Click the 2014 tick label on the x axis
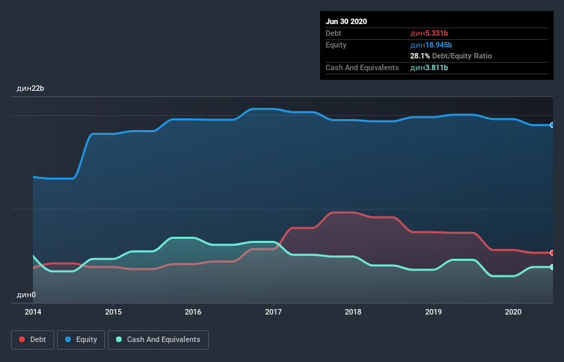click(x=33, y=312)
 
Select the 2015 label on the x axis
click(x=113, y=312)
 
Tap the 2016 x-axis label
click(x=194, y=312)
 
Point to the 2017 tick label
click(x=273, y=312)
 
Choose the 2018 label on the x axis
click(x=353, y=312)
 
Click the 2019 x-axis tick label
click(x=433, y=312)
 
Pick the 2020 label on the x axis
click(x=513, y=312)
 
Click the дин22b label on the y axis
click(x=30, y=89)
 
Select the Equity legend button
click(x=81, y=339)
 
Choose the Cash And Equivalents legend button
click(x=158, y=339)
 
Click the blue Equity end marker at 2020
click(x=552, y=125)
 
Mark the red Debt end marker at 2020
click(x=552, y=253)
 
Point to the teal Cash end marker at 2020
click(x=552, y=267)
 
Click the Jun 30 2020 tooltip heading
click(x=346, y=21)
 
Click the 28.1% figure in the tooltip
click(x=420, y=56)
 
